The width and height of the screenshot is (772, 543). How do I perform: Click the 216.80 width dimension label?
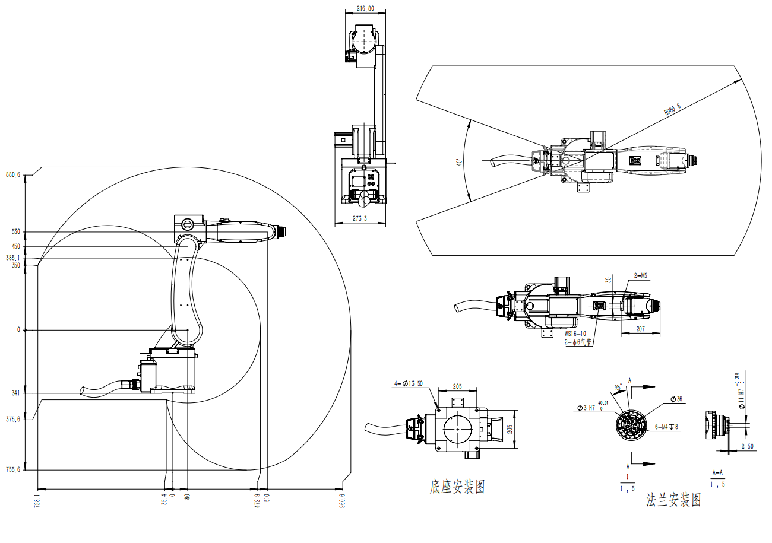point(365,8)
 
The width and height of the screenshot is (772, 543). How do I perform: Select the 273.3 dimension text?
point(360,219)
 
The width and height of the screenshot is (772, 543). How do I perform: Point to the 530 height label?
point(15,231)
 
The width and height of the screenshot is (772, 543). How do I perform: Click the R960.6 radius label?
point(672,108)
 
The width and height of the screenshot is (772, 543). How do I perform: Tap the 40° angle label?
point(458,162)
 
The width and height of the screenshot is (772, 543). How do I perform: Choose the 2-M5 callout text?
point(640,275)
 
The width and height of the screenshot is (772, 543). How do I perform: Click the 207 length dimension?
point(640,328)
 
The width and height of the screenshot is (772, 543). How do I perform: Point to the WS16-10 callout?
point(575,334)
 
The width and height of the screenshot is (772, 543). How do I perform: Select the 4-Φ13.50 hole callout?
point(408,383)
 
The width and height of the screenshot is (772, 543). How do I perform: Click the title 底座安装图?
point(457,487)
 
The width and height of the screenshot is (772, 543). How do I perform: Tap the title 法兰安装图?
point(673,500)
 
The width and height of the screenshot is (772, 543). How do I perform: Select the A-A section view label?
point(717,473)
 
